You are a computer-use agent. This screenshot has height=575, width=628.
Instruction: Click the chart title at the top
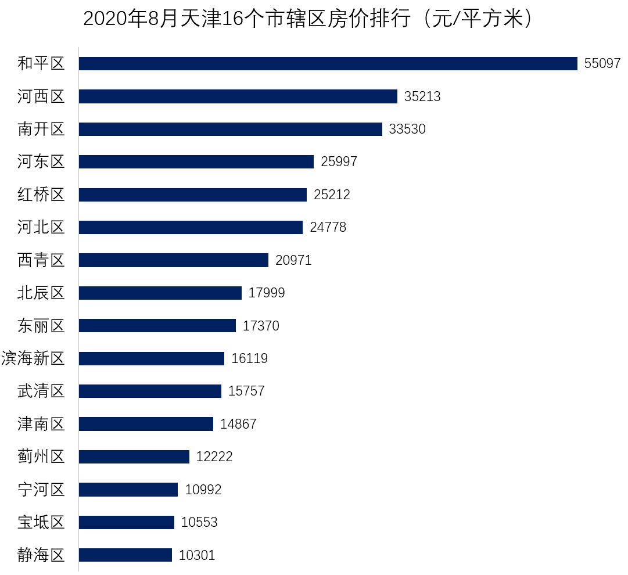pos(308,19)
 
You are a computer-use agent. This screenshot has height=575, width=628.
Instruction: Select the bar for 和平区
pos(328,63)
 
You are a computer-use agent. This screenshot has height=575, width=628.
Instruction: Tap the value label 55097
pos(602,63)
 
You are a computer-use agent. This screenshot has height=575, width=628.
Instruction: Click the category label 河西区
pos(41,96)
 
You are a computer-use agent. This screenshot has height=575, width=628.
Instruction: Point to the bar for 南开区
pos(230,129)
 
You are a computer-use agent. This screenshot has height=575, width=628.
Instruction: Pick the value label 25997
pos(339,162)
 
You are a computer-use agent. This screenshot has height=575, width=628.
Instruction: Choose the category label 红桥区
pos(41,195)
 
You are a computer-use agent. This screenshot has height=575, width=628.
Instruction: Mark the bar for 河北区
pos(191,227)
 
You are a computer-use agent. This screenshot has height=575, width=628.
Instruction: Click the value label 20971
pos(293,260)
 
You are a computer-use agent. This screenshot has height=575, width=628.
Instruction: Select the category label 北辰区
pos(41,293)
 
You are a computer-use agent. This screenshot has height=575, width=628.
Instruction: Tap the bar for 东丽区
pos(157,326)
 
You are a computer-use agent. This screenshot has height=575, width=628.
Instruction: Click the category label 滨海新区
pos(33,358)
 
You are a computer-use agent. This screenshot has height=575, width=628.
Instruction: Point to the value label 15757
pos(246,391)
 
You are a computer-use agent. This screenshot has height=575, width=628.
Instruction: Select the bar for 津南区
pos(146,424)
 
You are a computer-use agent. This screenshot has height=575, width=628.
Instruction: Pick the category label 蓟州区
pos(41,457)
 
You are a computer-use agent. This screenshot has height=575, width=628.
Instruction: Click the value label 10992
pos(203,490)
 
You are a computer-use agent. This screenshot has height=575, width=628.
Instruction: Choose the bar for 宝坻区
pos(126,522)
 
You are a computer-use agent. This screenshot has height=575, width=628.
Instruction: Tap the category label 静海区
pos(41,555)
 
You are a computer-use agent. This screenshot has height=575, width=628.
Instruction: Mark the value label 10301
pos(197,555)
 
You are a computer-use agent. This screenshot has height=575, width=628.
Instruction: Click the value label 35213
pos(422,96)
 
